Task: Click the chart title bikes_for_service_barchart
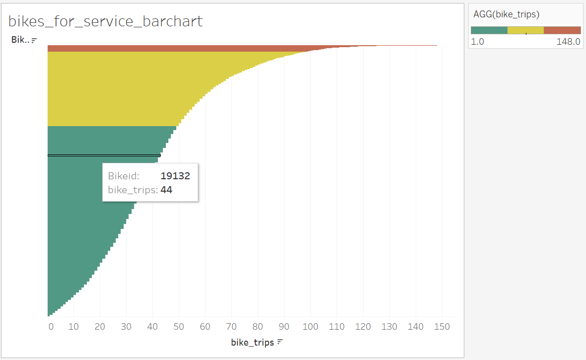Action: tap(106, 21)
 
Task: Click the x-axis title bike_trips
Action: tap(252, 342)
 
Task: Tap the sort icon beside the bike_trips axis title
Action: tap(280, 342)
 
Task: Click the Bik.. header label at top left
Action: tap(20, 40)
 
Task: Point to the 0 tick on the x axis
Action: tap(51, 326)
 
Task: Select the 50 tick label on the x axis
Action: tap(179, 326)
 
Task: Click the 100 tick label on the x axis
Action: tap(310, 326)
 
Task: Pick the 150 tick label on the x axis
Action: tap(442, 326)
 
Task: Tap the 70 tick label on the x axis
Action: tap(231, 326)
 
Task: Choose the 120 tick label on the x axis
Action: tap(363, 326)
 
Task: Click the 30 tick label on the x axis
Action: tap(126, 326)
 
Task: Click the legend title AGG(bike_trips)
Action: tap(506, 15)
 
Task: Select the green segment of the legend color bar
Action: tap(489, 30)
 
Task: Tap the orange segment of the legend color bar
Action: tap(562, 30)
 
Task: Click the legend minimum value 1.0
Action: tap(477, 42)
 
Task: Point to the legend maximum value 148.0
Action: tap(568, 42)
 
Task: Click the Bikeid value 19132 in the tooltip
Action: tap(175, 176)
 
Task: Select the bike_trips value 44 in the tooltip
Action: tap(166, 189)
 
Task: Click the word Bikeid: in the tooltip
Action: tap(124, 176)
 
